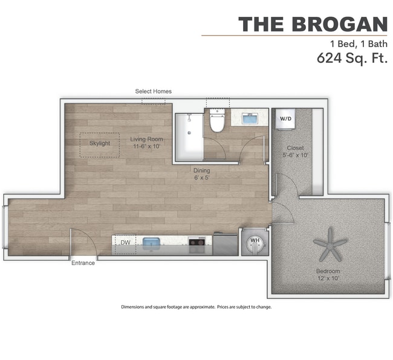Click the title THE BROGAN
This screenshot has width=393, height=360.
pyautogui.click(x=313, y=24)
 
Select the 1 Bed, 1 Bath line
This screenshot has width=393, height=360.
pyautogui.click(x=358, y=44)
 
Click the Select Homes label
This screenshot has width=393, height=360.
pyautogui.click(x=153, y=91)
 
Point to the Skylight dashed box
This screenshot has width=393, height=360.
pyautogui.click(x=100, y=144)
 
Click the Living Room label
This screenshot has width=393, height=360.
pyautogui.click(x=147, y=143)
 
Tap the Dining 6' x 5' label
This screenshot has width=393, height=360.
pyautogui.click(x=202, y=174)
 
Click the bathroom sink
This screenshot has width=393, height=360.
pyautogui.click(x=251, y=118)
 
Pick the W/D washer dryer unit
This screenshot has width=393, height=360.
pyautogui.click(x=285, y=118)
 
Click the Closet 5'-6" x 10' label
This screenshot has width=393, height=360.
pyautogui.click(x=296, y=151)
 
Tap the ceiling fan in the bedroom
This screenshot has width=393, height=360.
pyautogui.click(x=331, y=243)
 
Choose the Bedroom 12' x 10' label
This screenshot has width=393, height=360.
pyautogui.click(x=328, y=275)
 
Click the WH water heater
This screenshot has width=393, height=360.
pyautogui.click(x=255, y=242)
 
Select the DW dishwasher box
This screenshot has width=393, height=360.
pyautogui.click(x=125, y=243)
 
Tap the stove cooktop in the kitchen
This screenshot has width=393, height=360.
pyautogui.click(x=197, y=243)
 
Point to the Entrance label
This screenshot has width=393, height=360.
pyautogui.click(x=83, y=263)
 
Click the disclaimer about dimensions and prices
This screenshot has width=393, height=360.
pyautogui.click(x=197, y=307)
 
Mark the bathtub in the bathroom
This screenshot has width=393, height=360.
pyautogui.click(x=188, y=137)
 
